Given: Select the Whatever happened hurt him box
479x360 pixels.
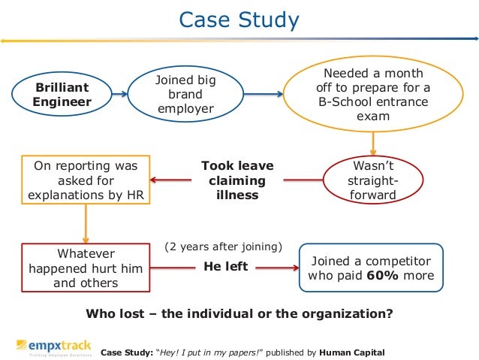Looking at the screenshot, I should [x=82, y=267].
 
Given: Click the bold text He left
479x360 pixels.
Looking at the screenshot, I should [x=225, y=266].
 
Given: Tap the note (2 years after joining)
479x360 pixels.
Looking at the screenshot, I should [x=223, y=247].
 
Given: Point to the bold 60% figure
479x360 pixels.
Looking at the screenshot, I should [x=379, y=275].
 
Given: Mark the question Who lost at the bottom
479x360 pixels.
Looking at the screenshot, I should [x=239, y=313].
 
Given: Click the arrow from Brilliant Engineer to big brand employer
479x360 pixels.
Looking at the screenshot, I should [x=122, y=95].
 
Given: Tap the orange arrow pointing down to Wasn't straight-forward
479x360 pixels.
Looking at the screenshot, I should [x=373, y=143].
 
